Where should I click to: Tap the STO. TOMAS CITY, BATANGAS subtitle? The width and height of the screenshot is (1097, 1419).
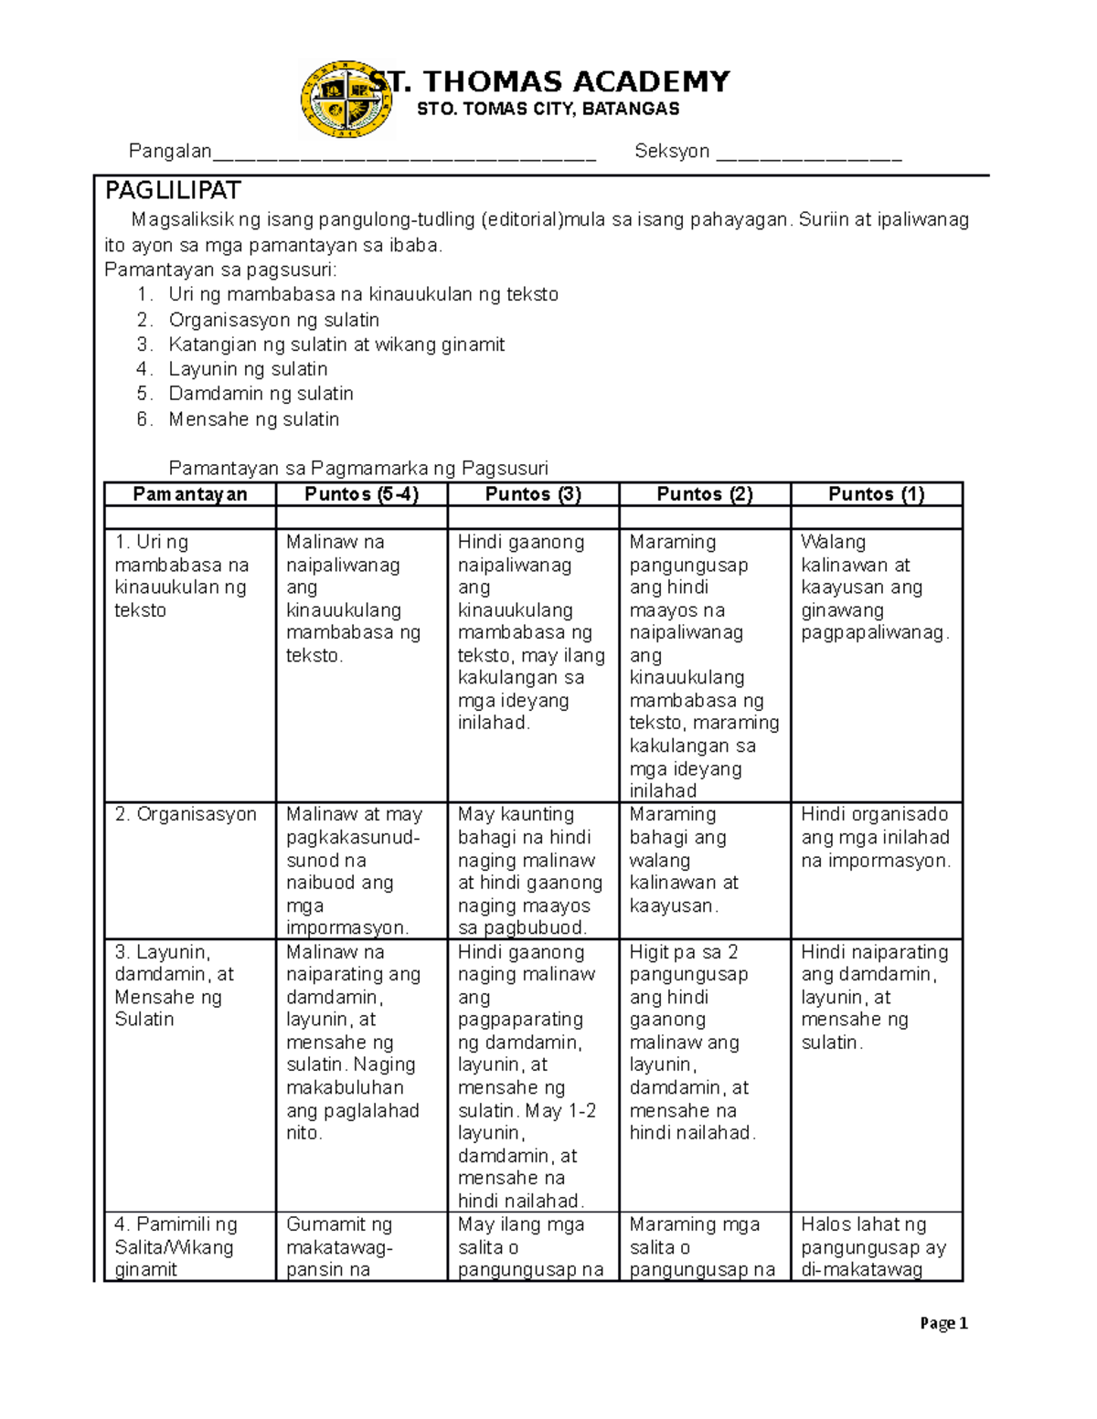[x=548, y=110]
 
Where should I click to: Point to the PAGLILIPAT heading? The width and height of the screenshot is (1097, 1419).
[x=173, y=191]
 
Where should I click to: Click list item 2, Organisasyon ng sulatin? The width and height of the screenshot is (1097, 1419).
[x=273, y=320]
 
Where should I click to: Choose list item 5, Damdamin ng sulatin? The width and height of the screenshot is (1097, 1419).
[x=261, y=394]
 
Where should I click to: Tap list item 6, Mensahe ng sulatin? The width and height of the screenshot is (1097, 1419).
[x=253, y=419]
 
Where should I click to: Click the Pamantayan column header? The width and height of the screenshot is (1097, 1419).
[x=190, y=494]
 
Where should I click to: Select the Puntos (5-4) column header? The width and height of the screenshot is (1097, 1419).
[x=361, y=494]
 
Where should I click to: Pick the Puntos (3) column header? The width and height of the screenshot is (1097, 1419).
[x=533, y=494]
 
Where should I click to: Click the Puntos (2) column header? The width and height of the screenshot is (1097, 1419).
[x=705, y=494]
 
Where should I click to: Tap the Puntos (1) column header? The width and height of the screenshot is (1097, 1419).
[x=876, y=494]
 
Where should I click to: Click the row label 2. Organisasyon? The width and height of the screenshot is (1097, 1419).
[x=186, y=814]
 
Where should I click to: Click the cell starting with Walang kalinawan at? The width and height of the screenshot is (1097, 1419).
[x=875, y=588]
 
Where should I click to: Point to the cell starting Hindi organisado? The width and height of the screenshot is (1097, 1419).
[x=875, y=837]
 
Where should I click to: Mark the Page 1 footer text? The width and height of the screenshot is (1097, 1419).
[x=943, y=1323]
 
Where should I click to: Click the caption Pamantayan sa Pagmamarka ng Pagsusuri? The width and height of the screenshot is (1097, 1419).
[x=358, y=469]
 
